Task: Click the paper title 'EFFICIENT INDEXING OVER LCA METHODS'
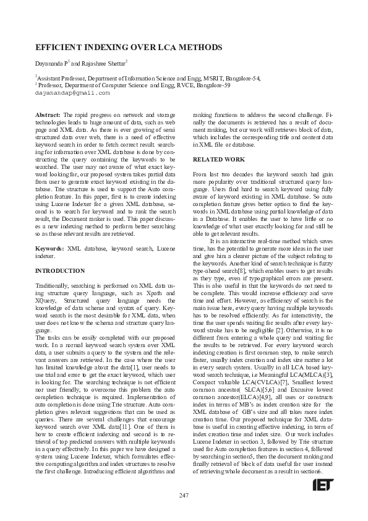coord(129,48)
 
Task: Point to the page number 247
coord(184,495)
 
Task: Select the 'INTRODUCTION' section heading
coord(60,270)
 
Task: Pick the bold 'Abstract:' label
coord(48,115)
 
